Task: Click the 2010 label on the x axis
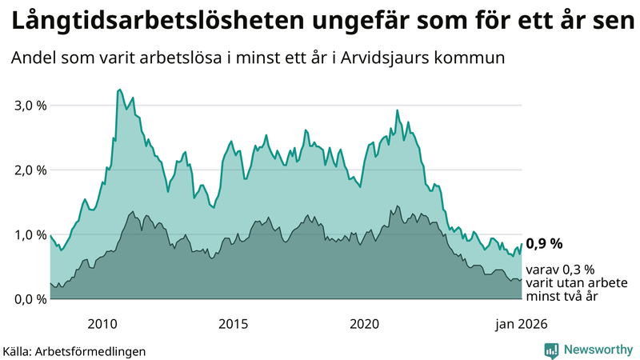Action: coord(102,324)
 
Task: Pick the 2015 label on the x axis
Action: coord(234,324)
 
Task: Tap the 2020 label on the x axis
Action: coord(364,324)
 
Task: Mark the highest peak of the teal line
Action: coord(119,90)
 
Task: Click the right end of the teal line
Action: coord(522,244)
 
